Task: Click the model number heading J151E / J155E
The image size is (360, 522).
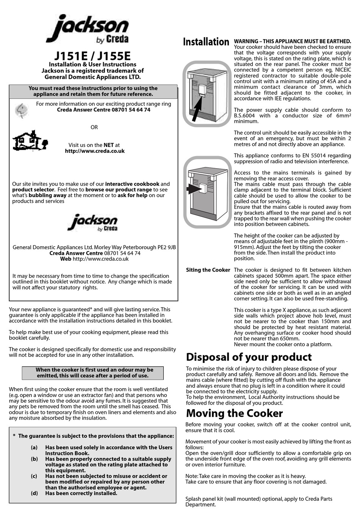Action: tap(92, 56)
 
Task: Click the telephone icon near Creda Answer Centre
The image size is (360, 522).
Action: tap(21, 110)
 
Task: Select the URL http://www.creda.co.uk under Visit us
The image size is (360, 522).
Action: tap(95, 151)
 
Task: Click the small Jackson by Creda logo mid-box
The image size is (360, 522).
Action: tap(93, 223)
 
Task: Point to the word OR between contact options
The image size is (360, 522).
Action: tap(94, 127)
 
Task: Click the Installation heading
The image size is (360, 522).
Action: tap(206, 42)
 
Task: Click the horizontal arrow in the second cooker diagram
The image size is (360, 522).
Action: tap(194, 188)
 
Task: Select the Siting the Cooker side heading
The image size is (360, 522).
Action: tap(208, 270)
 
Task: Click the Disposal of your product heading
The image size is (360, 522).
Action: tap(249, 357)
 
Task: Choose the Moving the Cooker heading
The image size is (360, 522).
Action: tap(234, 413)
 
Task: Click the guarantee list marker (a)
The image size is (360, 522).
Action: tap(34, 447)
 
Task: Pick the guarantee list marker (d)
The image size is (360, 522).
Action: tap(34, 493)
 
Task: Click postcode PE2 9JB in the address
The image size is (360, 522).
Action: tap(167, 247)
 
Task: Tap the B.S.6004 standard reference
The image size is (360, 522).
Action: tap(246, 116)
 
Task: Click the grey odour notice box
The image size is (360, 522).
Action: tap(93, 373)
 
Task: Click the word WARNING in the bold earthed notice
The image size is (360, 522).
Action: tap(246, 41)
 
